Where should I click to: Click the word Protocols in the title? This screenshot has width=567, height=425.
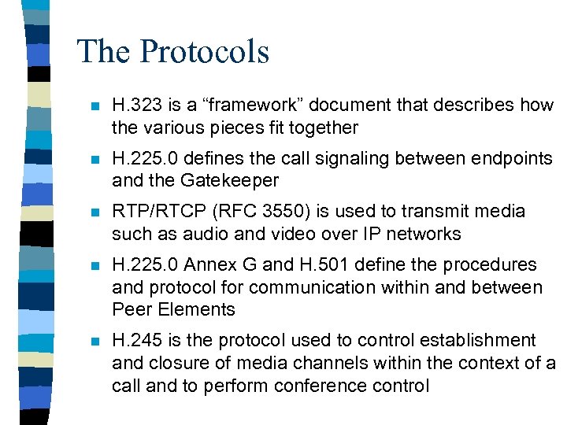(x=205, y=52)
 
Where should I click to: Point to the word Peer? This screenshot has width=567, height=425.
(x=130, y=310)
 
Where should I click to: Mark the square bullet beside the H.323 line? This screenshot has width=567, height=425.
(x=94, y=106)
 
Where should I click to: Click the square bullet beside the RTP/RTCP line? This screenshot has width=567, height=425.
(x=94, y=213)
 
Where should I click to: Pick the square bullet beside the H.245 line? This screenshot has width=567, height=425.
(x=94, y=342)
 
